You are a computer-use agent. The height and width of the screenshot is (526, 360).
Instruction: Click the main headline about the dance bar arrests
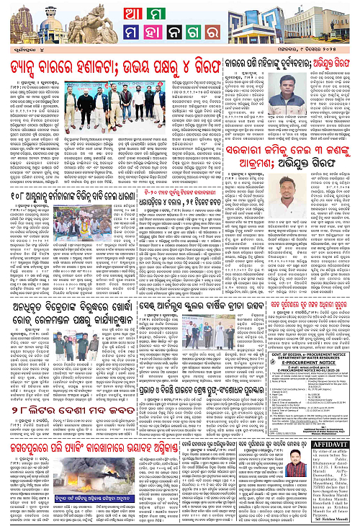119,62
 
